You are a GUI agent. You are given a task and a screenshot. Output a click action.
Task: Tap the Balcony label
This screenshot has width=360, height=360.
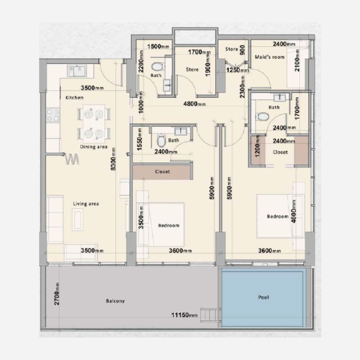[x=116, y=301]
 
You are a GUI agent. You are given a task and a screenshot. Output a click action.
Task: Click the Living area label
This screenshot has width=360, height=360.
[x=86, y=204]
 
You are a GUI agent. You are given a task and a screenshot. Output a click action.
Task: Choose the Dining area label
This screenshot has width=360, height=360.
[x=94, y=147]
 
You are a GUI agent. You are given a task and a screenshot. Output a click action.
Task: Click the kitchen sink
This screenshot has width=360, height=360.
[x=77, y=70]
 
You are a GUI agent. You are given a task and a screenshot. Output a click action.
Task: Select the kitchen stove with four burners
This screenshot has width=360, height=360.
[x=54, y=115]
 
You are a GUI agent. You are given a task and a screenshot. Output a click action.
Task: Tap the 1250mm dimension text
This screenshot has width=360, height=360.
[x=238, y=70]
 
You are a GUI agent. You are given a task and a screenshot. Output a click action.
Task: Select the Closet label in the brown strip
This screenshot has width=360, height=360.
[x=162, y=171]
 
